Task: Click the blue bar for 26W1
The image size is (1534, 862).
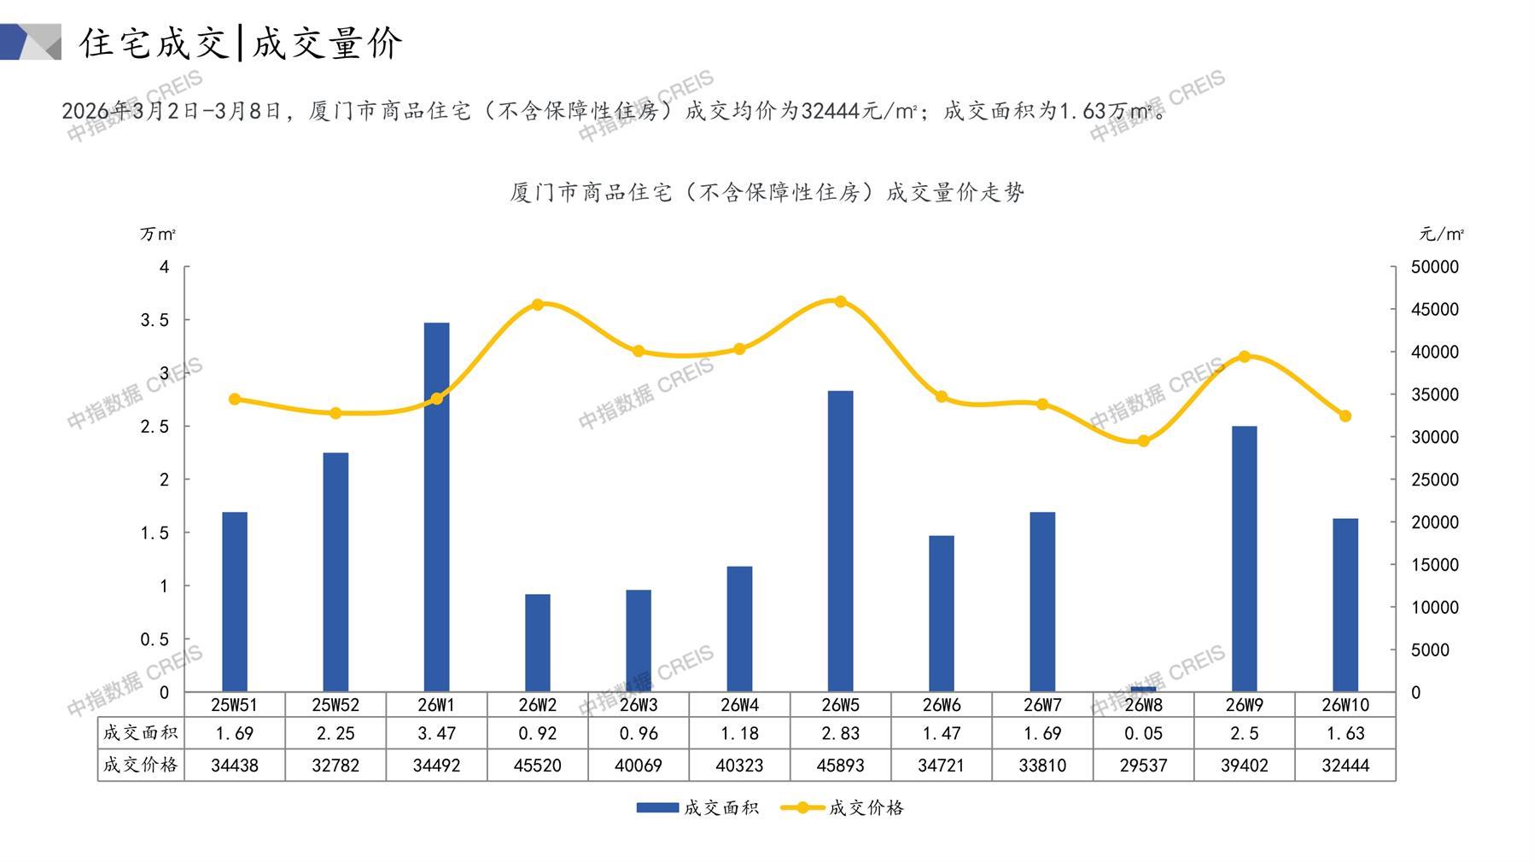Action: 436,507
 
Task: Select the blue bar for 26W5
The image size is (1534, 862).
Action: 840,541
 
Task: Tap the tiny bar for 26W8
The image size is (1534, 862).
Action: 1143,689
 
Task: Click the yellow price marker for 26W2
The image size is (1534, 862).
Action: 538,305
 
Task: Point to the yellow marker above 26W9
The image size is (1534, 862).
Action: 1244,357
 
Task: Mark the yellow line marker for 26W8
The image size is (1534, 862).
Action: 1143,441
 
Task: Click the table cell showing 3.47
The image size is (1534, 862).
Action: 436,733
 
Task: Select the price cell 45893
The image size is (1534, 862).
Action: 840,766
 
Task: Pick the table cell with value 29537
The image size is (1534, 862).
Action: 1143,766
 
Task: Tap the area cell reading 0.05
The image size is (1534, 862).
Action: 1143,733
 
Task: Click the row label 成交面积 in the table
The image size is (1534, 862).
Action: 141,733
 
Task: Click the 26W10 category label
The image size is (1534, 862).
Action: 1344,705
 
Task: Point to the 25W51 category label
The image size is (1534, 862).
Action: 235,705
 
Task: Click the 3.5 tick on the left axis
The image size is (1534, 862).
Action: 155,320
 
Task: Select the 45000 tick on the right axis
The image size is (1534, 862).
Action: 1434,310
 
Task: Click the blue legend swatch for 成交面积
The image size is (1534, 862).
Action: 657,807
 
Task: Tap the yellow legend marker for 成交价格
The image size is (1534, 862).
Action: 802,807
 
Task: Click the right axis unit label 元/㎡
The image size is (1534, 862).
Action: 1441,234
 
